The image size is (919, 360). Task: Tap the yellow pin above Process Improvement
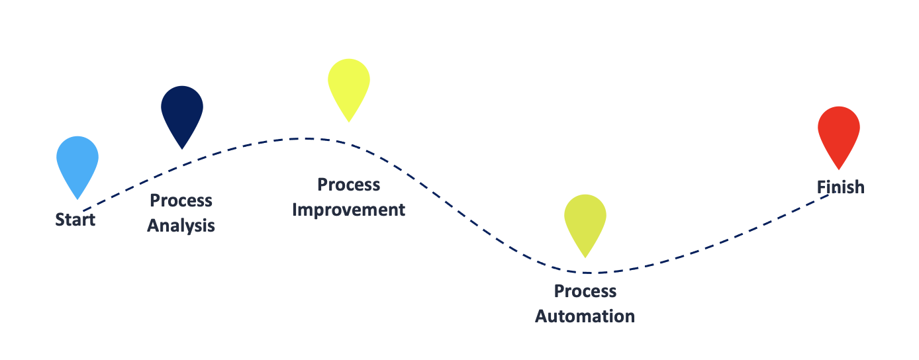pyautogui.click(x=349, y=83)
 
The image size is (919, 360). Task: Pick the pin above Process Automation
pyautogui.click(x=585, y=218)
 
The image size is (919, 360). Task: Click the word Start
pyautogui.click(x=75, y=220)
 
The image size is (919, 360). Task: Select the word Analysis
pyautogui.click(x=181, y=226)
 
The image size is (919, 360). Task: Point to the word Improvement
pyautogui.click(x=349, y=210)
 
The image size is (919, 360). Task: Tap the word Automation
pyautogui.click(x=585, y=316)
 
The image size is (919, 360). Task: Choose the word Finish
pyautogui.click(x=840, y=187)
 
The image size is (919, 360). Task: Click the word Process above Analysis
pyautogui.click(x=181, y=201)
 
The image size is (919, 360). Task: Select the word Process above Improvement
pyautogui.click(x=349, y=185)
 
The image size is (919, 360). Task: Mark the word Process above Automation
pyautogui.click(x=585, y=291)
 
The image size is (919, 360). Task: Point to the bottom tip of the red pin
pyautogui.click(x=839, y=169)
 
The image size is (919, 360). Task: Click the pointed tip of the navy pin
pyautogui.click(x=182, y=149)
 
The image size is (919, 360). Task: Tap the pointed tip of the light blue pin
pyautogui.click(x=77, y=199)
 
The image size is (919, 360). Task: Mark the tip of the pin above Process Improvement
pyautogui.click(x=349, y=122)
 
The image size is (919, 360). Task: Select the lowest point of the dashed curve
pyautogui.click(x=593, y=273)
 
